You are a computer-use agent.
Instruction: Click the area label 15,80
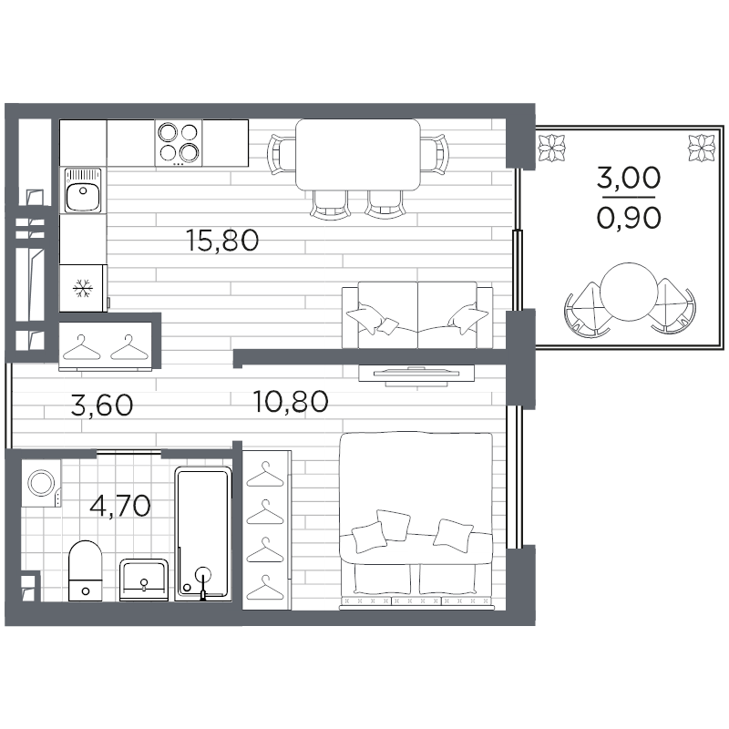tap(222, 241)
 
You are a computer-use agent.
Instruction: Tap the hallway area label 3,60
tap(101, 405)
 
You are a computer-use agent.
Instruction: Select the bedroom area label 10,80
tap(291, 401)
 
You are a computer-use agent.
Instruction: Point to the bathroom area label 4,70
tap(121, 504)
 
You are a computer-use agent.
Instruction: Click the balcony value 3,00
tap(628, 178)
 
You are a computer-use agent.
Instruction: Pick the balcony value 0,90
tap(628, 217)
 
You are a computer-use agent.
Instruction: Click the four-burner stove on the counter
tap(178, 142)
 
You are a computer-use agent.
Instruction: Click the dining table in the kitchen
tap(359, 154)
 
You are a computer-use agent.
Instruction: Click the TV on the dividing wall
tap(418, 372)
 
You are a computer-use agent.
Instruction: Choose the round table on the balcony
tap(628, 292)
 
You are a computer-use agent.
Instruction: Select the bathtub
tap(203, 533)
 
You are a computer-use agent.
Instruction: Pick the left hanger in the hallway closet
tap(82, 346)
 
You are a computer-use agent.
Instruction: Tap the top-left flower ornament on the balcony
tap(552, 144)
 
